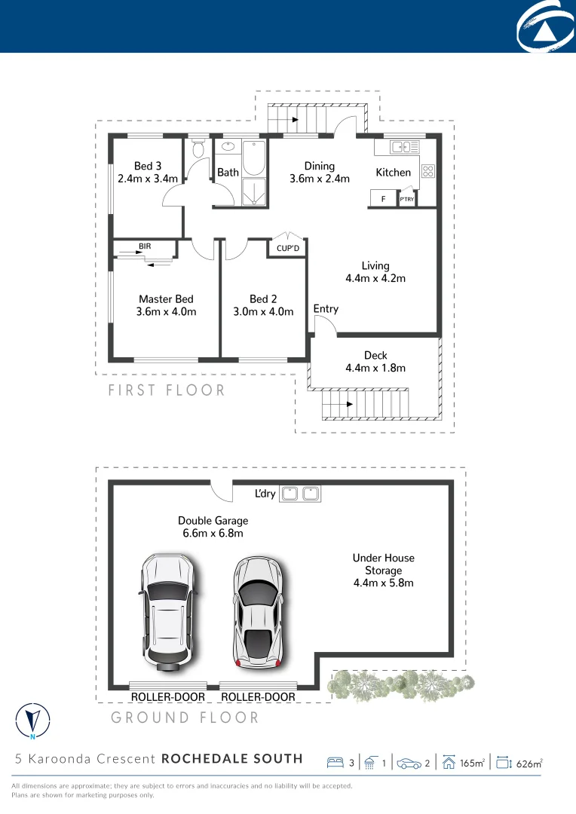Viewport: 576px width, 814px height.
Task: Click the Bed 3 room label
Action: click(x=148, y=166)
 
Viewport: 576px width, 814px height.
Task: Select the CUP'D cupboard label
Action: click(x=288, y=249)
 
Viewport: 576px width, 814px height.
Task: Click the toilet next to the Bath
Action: click(x=199, y=148)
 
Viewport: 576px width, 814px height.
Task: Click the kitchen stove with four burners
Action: click(x=427, y=171)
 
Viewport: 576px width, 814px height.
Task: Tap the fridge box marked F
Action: click(x=383, y=199)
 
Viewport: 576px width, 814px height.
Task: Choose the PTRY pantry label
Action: click(x=407, y=200)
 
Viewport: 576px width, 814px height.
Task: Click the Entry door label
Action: click(x=326, y=308)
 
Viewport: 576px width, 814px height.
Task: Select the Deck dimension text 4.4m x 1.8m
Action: click(x=375, y=368)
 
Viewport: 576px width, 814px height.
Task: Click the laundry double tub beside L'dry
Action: click(x=300, y=494)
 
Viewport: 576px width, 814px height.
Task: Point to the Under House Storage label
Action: click(x=383, y=564)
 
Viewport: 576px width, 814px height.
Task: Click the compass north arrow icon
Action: click(x=32, y=721)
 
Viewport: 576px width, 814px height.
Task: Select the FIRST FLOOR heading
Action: click(x=167, y=390)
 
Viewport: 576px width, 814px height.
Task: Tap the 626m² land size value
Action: click(x=529, y=764)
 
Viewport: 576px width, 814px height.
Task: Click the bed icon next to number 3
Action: click(x=335, y=763)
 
